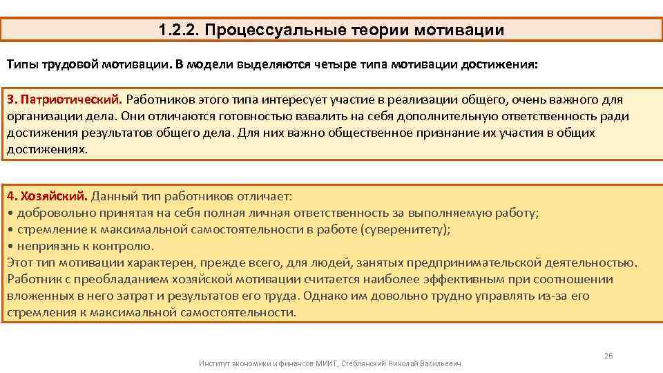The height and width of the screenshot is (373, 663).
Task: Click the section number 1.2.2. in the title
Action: click(x=177, y=30)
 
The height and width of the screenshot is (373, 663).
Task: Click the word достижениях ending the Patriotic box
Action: click(x=47, y=148)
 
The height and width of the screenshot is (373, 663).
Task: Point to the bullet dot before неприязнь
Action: click(x=10, y=246)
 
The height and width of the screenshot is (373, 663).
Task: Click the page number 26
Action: click(x=608, y=356)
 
